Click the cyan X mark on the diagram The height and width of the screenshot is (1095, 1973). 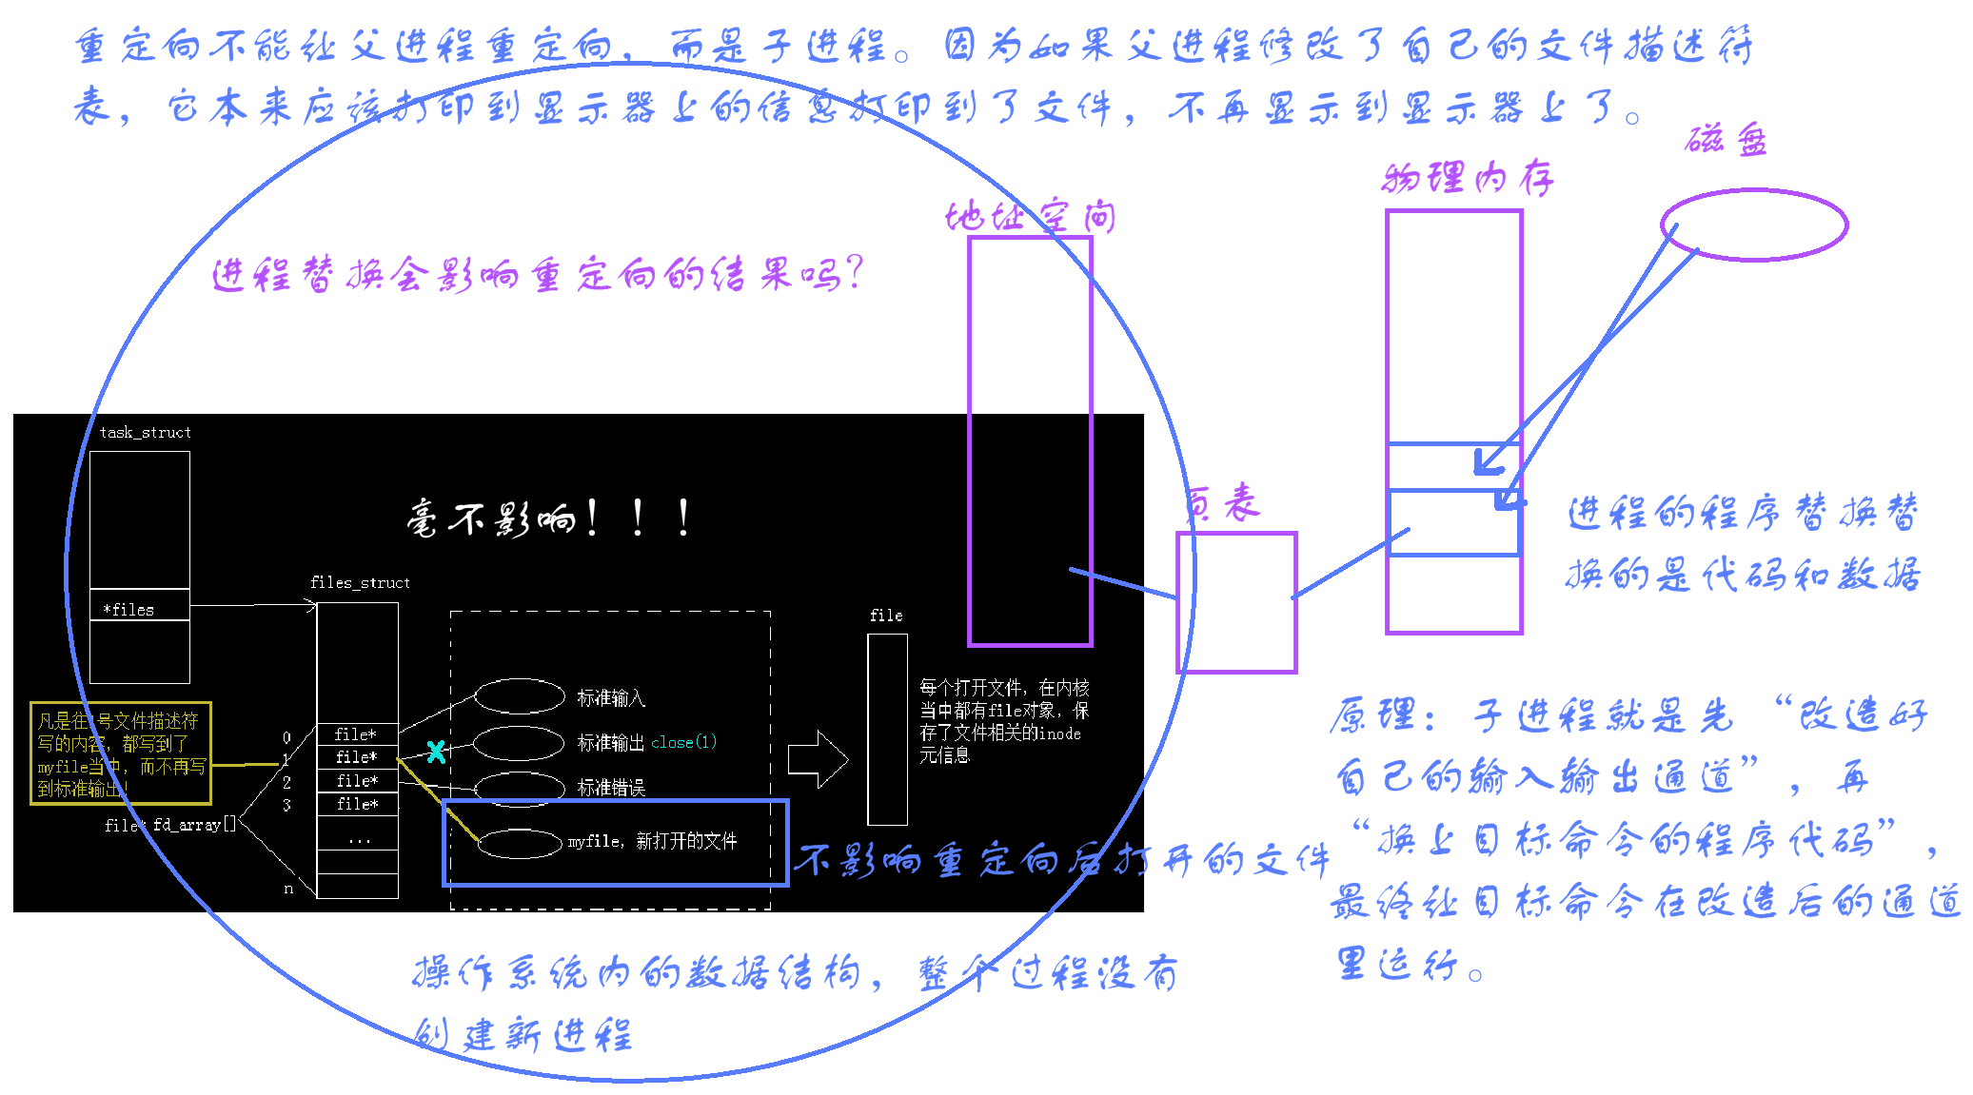click(436, 752)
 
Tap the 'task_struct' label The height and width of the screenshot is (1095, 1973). click(145, 433)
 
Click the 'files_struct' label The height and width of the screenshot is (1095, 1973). click(360, 582)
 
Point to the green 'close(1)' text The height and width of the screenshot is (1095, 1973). click(683, 742)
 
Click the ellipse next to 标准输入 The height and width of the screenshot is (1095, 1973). click(520, 696)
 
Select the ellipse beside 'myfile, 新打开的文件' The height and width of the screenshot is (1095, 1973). click(520, 843)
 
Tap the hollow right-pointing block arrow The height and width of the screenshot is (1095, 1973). click(817, 759)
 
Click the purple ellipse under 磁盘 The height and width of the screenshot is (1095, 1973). click(1753, 225)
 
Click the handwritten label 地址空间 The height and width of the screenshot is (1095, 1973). click(1030, 217)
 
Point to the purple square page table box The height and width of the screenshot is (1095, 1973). click(1236, 602)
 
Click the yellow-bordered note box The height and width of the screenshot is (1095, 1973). click(120, 753)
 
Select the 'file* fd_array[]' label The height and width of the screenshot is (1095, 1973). click(169, 825)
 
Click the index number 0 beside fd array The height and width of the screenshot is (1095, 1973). click(286, 737)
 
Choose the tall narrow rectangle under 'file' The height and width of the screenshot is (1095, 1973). click(887, 729)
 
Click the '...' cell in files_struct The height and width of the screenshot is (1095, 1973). click(358, 839)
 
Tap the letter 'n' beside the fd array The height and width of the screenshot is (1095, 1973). click(288, 889)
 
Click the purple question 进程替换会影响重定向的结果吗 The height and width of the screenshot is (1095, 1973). click(537, 275)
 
